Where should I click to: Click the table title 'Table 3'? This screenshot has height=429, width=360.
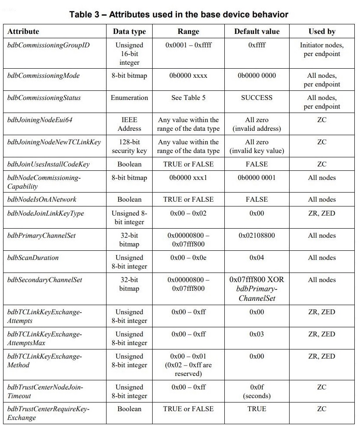(x=179, y=14)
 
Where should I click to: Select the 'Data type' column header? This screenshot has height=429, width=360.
(x=129, y=31)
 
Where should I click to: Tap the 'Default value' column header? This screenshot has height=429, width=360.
(x=257, y=31)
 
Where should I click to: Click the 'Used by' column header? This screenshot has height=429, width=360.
(x=322, y=31)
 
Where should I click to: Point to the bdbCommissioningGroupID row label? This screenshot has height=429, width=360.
(x=48, y=45)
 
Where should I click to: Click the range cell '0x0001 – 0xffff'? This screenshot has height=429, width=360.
(x=188, y=45)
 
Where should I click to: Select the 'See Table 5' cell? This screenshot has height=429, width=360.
(x=188, y=97)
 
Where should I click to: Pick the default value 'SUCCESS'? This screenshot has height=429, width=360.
(x=257, y=97)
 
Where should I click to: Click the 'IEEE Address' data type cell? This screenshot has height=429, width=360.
(x=129, y=124)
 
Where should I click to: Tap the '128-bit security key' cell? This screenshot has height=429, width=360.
(x=129, y=146)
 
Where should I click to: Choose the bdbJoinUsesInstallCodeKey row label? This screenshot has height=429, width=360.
(x=49, y=164)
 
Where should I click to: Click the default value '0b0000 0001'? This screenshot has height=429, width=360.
(x=257, y=177)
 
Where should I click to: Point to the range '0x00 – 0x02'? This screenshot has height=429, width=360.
(x=188, y=213)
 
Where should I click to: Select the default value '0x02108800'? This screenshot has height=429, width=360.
(x=257, y=235)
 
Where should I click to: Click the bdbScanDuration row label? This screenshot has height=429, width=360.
(x=33, y=257)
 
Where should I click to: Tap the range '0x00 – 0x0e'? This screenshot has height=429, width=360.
(x=188, y=257)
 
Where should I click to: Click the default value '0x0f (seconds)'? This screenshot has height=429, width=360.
(x=257, y=391)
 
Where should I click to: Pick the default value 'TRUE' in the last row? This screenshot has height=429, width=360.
(x=257, y=409)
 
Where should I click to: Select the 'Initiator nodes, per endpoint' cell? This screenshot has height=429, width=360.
(x=322, y=49)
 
